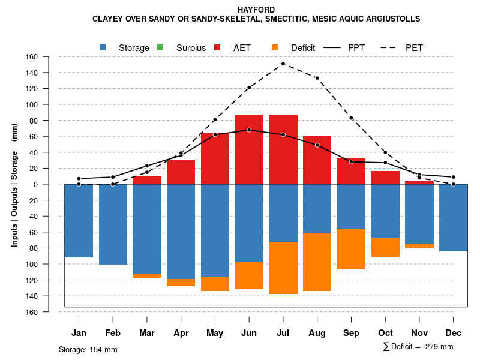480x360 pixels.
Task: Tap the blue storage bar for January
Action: coord(79,221)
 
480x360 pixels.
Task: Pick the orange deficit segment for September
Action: coord(352,249)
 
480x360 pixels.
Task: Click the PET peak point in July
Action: coord(283,64)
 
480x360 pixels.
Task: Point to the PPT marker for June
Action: coord(249,130)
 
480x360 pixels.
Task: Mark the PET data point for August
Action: coord(317,78)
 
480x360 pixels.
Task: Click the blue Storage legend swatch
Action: coord(103,47)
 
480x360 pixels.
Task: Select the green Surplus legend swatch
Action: coord(160,47)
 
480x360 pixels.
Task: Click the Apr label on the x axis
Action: coord(181,333)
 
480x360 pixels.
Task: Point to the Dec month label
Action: coord(454,333)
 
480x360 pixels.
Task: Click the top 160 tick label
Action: coord(32,57)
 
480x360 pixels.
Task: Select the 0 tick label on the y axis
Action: coord(35,184)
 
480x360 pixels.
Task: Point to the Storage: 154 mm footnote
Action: coord(88,349)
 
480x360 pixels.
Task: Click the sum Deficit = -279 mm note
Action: coord(418,347)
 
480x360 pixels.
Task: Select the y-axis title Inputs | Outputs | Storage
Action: coord(14,184)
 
